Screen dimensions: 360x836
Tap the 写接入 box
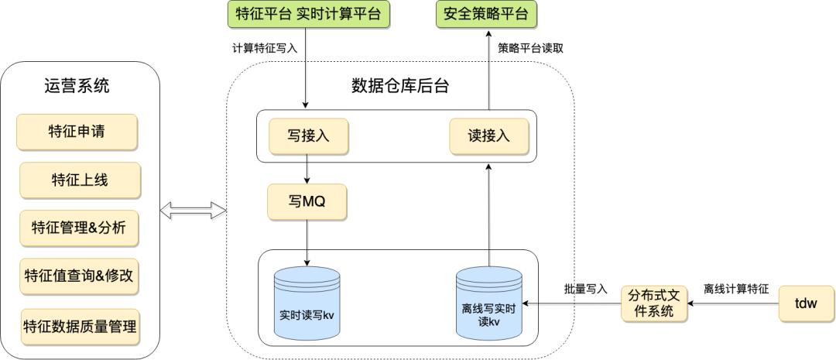coord(307,136)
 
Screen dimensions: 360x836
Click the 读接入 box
coord(489,136)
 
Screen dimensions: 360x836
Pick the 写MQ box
coord(307,203)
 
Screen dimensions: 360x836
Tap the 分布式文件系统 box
coord(653,303)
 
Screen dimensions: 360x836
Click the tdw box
coord(806,303)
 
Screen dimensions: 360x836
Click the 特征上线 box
coord(80,180)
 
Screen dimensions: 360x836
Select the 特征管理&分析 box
coord(80,228)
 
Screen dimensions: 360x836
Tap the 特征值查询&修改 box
coord(80,276)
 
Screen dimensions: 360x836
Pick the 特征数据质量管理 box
coord(80,326)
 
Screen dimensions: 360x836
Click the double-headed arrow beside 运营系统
coord(193,211)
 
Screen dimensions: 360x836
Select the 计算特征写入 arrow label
coord(266,48)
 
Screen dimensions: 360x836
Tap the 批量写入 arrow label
coord(585,289)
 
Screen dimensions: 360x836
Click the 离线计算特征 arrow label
coord(735,289)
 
